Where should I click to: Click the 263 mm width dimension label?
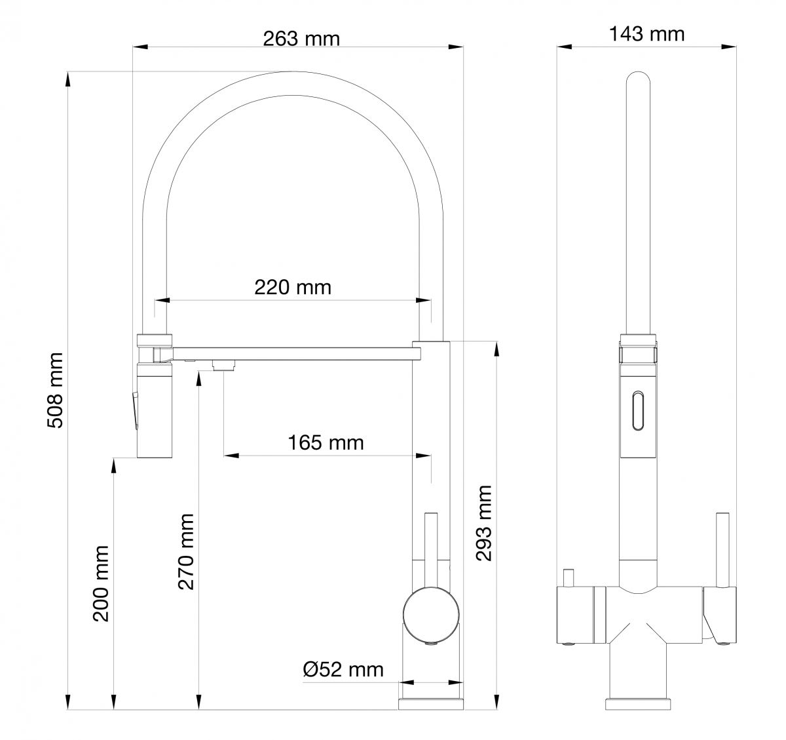click(301, 39)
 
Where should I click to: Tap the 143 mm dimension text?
click(646, 34)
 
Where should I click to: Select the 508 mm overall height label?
click(55, 390)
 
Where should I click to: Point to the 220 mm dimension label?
click(293, 287)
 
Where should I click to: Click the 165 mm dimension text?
click(326, 443)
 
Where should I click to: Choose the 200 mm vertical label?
click(100, 583)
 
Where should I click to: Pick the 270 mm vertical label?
click(186, 552)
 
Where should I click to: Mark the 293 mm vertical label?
click(483, 523)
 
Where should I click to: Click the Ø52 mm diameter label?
click(343, 669)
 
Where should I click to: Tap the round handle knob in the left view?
click(432, 614)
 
